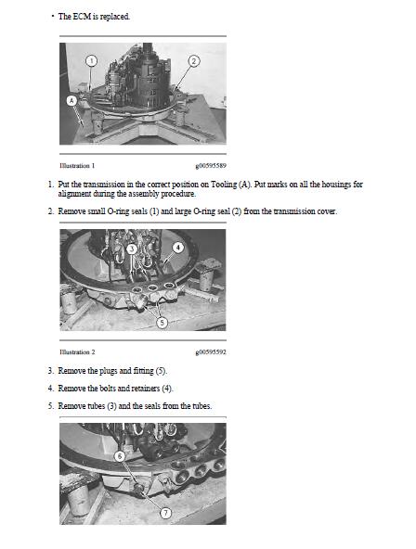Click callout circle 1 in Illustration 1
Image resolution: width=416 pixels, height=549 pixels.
92,61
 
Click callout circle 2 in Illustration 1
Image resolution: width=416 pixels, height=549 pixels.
194,61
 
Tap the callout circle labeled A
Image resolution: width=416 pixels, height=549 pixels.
71,101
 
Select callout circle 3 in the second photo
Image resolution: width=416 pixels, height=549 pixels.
132,249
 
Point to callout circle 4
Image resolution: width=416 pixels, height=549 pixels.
178,248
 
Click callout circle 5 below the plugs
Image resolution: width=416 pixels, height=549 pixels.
162,323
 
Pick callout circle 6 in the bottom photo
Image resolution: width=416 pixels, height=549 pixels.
120,456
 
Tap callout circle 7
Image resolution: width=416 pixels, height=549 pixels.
166,513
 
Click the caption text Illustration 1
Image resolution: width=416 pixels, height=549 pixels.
77,166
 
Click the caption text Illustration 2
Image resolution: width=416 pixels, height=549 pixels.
77,351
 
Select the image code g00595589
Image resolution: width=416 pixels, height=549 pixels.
211,166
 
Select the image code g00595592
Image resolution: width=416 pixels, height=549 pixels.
211,351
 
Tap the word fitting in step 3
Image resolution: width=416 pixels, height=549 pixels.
144,371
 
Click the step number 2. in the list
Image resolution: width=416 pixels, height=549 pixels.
51,211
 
